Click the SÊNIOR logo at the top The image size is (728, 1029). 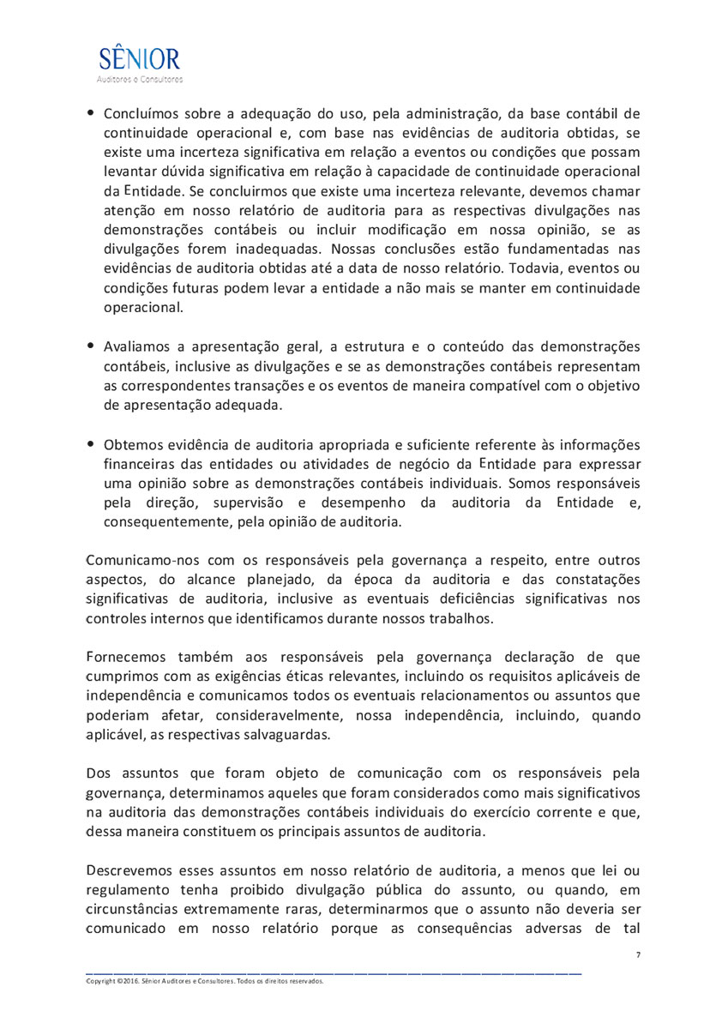(x=140, y=60)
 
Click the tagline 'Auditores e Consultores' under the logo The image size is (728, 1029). (x=140, y=80)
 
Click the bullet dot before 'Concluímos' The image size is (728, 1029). (x=90, y=113)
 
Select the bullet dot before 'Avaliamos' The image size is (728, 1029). (x=90, y=346)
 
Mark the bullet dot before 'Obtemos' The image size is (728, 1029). (x=90, y=443)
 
